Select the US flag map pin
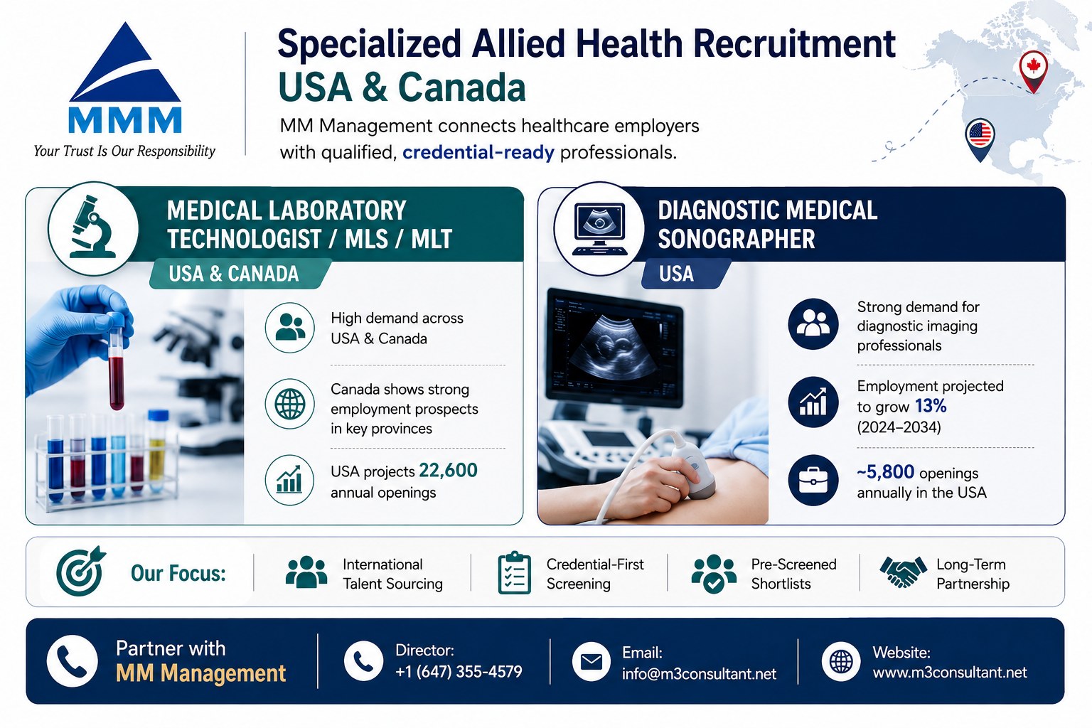click(980, 139)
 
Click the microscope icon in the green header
click(92, 227)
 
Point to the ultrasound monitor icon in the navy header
click(599, 228)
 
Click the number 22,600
click(448, 471)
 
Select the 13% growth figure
click(930, 406)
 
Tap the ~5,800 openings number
click(885, 472)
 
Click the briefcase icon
click(813, 481)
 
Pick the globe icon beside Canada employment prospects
click(289, 404)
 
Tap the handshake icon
click(903, 572)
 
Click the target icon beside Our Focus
click(80, 571)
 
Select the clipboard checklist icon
click(514, 573)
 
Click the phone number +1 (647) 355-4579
click(459, 672)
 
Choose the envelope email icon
click(591, 662)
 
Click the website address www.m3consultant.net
click(950, 673)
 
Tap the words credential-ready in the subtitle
click(478, 153)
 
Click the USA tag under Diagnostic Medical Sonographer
click(676, 274)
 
